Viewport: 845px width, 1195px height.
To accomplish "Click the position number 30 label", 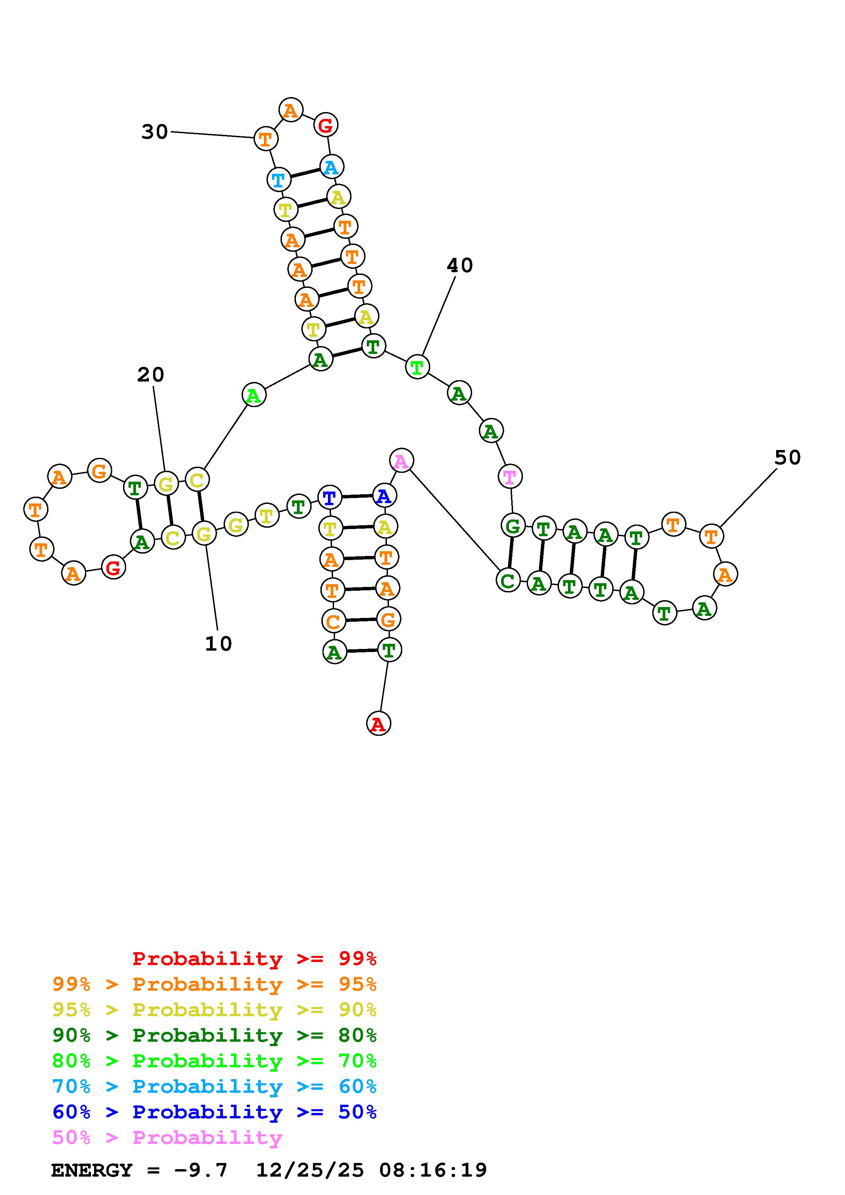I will [x=155, y=132].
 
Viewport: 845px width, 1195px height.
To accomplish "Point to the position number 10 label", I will [x=218, y=644].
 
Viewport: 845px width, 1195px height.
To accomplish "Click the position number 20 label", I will [x=150, y=374].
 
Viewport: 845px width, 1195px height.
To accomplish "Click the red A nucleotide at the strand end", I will [x=378, y=724].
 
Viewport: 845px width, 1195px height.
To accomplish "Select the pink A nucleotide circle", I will [x=401, y=461].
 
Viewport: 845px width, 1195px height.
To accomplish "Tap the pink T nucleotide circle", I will [x=510, y=476].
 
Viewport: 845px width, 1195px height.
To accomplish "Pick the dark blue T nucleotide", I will [x=330, y=498].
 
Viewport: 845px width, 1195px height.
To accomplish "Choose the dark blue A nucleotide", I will [x=384, y=496].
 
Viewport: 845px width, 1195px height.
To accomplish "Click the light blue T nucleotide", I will [x=278, y=180].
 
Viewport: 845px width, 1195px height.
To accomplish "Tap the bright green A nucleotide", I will [x=254, y=395].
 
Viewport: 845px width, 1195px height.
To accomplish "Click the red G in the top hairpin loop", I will [x=326, y=125].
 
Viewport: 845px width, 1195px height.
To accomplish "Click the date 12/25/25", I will [x=310, y=1170].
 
